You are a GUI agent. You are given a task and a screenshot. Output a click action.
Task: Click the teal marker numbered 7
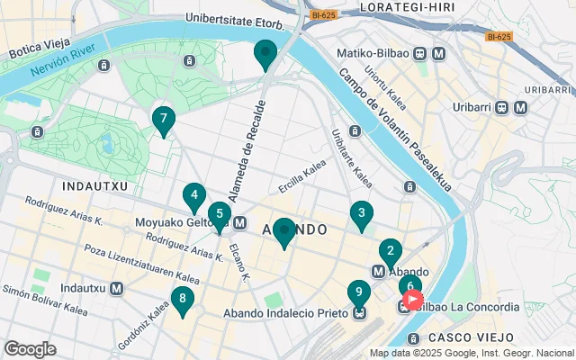[163, 120]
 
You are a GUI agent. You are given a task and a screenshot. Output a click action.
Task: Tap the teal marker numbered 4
[194, 196]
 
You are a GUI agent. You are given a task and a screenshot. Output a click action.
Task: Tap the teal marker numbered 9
[358, 293]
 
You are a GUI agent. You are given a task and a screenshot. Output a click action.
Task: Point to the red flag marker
[413, 299]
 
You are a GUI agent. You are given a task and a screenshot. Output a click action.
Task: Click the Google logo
[30, 349]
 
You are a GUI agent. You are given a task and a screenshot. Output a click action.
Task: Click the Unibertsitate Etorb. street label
[235, 19]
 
